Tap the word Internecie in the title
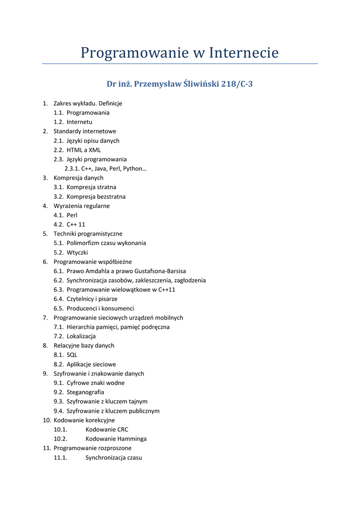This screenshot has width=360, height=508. [x=243, y=53]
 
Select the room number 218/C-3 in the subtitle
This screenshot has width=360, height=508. [x=236, y=84]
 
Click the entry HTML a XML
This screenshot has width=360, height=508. [x=83, y=150]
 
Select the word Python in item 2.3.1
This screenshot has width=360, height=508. [x=135, y=169]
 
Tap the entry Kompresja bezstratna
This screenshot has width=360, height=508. [x=96, y=196]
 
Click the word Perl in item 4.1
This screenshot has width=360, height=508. [x=72, y=215]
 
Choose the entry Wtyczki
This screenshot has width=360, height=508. [x=77, y=253]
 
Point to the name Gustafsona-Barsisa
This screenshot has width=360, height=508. [x=160, y=271]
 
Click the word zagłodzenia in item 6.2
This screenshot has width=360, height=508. [x=189, y=280]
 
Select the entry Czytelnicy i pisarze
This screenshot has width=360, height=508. [x=92, y=299]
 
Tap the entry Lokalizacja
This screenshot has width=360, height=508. [x=81, y=336]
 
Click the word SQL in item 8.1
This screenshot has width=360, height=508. [x=72, y=355]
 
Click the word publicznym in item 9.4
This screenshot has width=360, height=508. [x=143, y=411]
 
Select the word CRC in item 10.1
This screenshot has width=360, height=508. [x=123, y=430]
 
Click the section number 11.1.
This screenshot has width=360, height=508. [x=60, y=457]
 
